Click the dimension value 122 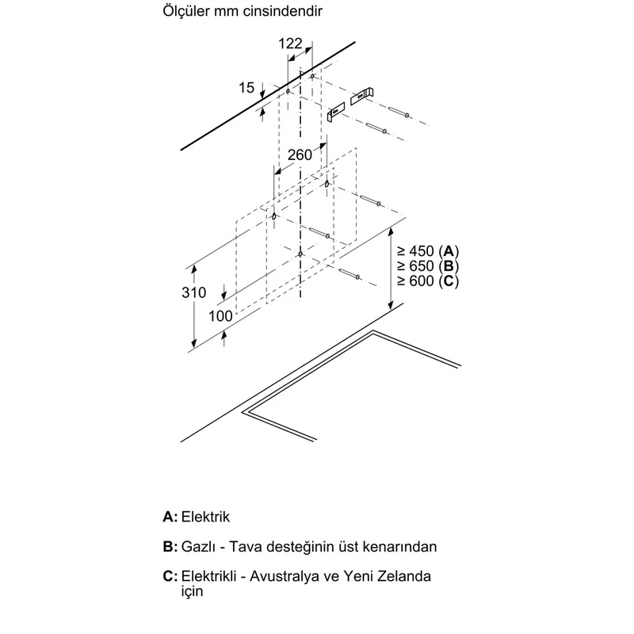click(290, 44)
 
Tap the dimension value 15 click(246, 87)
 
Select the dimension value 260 click(300, 155)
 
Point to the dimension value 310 click(193, 292)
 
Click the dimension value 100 click(220, 315)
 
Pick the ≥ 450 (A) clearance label click(428, 251)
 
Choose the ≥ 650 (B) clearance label click(428, 266)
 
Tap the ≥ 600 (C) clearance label click(428, 281)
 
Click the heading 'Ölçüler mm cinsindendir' click(243, 11)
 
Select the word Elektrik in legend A click(205, 517)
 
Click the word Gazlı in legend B click(197, 547)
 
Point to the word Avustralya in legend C click(285, 576)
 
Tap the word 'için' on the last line click(192, 591)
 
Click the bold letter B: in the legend click(170, 547)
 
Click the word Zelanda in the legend click(404, 576)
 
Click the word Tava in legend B click(243, 547)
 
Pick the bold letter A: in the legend click(170, 517)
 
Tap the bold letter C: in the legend click(170, 576)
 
